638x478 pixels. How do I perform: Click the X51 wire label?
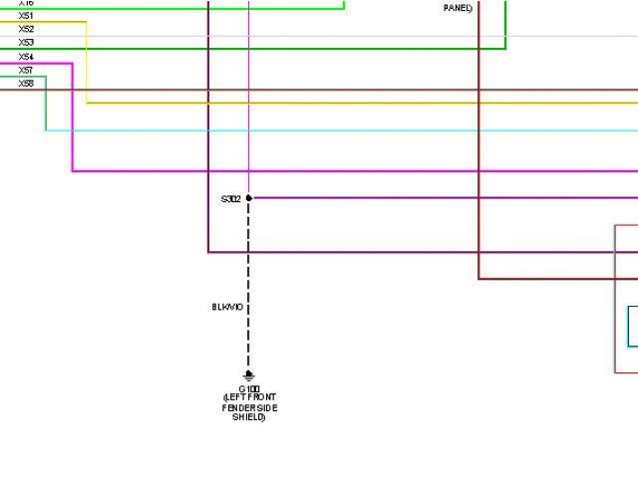(26, 16)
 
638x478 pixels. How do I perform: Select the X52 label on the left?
(26, 29)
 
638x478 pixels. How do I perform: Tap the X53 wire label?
(26, 43)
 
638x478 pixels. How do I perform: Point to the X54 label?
(26, 57)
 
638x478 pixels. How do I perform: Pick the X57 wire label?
(26, 71)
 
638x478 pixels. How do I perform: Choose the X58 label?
(26, 84)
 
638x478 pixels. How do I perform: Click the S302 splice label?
(230, 199)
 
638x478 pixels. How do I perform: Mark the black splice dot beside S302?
(249, 198)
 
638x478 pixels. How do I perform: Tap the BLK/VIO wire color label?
(226, 308)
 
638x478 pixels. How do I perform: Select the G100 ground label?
(249, 388)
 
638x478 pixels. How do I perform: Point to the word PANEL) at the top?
(458, 8)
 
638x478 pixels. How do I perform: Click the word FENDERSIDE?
(250, 408)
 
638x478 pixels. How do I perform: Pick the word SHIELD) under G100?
(249, 418)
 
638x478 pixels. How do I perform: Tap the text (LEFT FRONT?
(249, 398)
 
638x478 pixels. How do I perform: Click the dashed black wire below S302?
(249, 279)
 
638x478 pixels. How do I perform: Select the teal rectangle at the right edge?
(632, 326)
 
